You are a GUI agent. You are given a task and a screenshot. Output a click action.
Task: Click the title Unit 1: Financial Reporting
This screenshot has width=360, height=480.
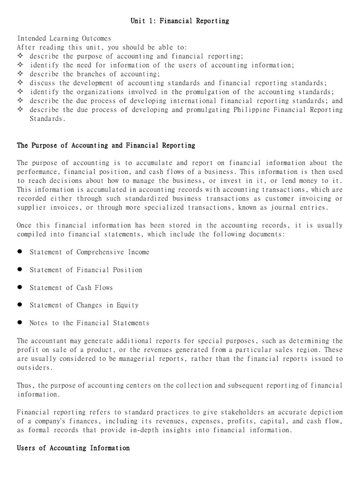180,21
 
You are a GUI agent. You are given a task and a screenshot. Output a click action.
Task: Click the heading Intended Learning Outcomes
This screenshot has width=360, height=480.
64,38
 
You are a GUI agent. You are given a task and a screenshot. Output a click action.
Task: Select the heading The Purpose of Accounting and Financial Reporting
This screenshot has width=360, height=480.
106,146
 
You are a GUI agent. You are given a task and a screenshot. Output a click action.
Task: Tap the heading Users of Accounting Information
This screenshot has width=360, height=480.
73,448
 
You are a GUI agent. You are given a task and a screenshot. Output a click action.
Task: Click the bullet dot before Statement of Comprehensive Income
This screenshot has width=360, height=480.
20,252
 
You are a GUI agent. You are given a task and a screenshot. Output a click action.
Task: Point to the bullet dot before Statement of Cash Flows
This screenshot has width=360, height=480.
20,287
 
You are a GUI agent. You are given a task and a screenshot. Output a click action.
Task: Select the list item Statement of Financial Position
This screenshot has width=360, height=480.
86,270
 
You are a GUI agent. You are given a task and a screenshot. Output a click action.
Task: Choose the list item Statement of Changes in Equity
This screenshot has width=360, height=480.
84,306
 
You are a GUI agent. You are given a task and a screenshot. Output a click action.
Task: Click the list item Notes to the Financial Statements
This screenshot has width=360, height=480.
89,323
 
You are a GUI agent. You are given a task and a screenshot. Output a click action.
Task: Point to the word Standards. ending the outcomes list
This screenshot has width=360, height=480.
47,119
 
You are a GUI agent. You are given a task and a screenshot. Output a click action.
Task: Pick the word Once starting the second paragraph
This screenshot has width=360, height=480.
25,225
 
